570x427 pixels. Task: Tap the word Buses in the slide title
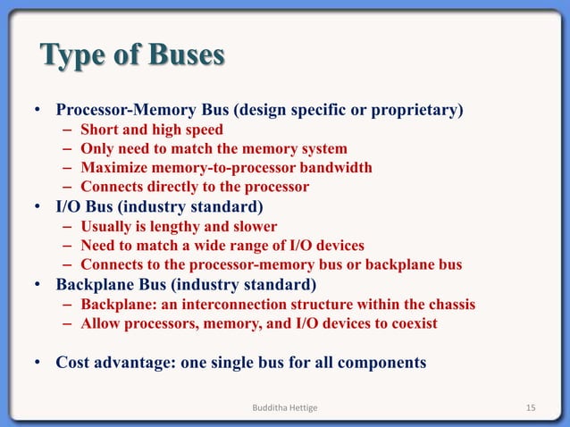point(186,55)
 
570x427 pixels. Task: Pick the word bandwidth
point(335,168)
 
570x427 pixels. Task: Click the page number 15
point(530,408)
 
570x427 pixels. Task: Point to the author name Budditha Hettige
point(285,408)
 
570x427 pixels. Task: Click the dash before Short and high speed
point(68,130)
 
